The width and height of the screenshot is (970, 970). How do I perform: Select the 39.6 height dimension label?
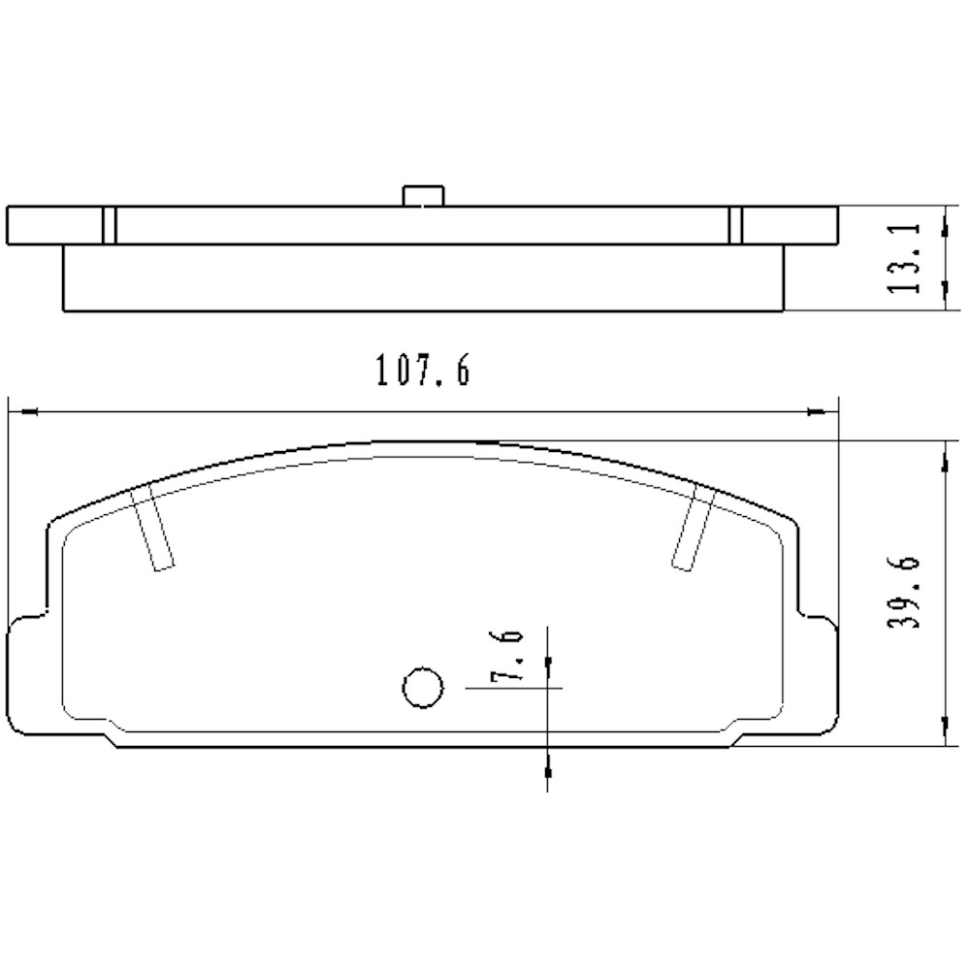(904, 594)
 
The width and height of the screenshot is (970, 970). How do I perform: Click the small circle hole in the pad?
(422, 688)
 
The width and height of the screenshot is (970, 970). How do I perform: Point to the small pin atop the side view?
(422, 194)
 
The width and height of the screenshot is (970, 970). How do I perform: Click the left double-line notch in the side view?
(110, 224)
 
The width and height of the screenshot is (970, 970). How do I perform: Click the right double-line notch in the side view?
(735, 224)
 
